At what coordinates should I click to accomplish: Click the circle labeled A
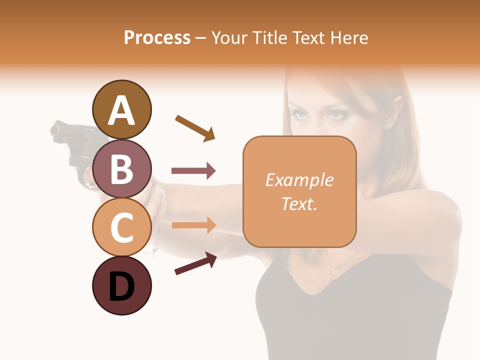point(121,109)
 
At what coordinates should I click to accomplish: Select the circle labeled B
point(121,168)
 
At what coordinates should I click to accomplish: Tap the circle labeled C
point(121,227)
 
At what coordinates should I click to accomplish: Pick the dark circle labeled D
point(121,285)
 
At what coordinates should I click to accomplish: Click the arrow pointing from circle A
point(195,127)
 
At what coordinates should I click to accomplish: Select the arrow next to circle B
point(193,171)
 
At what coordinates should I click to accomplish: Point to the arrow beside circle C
point(193,225)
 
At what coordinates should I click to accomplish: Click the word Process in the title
point(157,37)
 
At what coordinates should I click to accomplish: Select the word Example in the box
point(299,180)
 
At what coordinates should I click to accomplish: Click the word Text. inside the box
point(299,203)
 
